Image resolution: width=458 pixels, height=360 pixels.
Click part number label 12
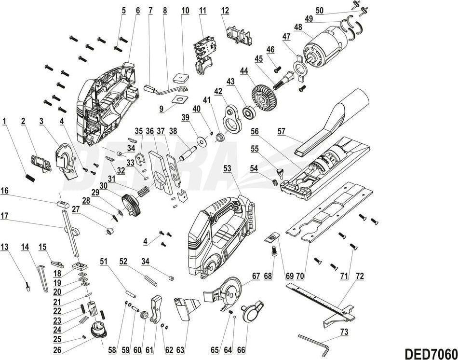pyautogui.click(x=225, y=11)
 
